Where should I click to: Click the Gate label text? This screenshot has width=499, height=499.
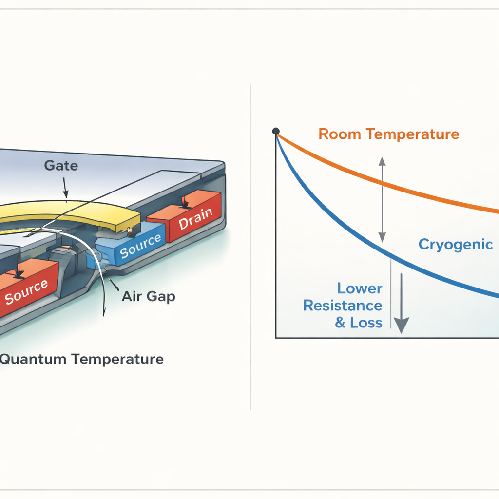61,166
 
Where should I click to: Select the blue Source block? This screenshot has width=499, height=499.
139,246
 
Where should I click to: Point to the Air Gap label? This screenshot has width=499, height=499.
148,296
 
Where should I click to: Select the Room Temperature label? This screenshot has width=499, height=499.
388,134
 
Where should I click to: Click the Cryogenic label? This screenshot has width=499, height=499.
456,244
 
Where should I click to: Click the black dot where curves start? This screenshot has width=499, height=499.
276,131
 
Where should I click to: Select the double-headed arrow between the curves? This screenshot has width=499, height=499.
382,200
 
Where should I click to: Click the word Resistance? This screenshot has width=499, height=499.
343,306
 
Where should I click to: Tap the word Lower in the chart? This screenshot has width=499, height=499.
360,288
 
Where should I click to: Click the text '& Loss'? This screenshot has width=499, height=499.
358,323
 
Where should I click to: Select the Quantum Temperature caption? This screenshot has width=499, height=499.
80,360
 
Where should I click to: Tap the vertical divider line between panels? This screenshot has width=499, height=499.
250,244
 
